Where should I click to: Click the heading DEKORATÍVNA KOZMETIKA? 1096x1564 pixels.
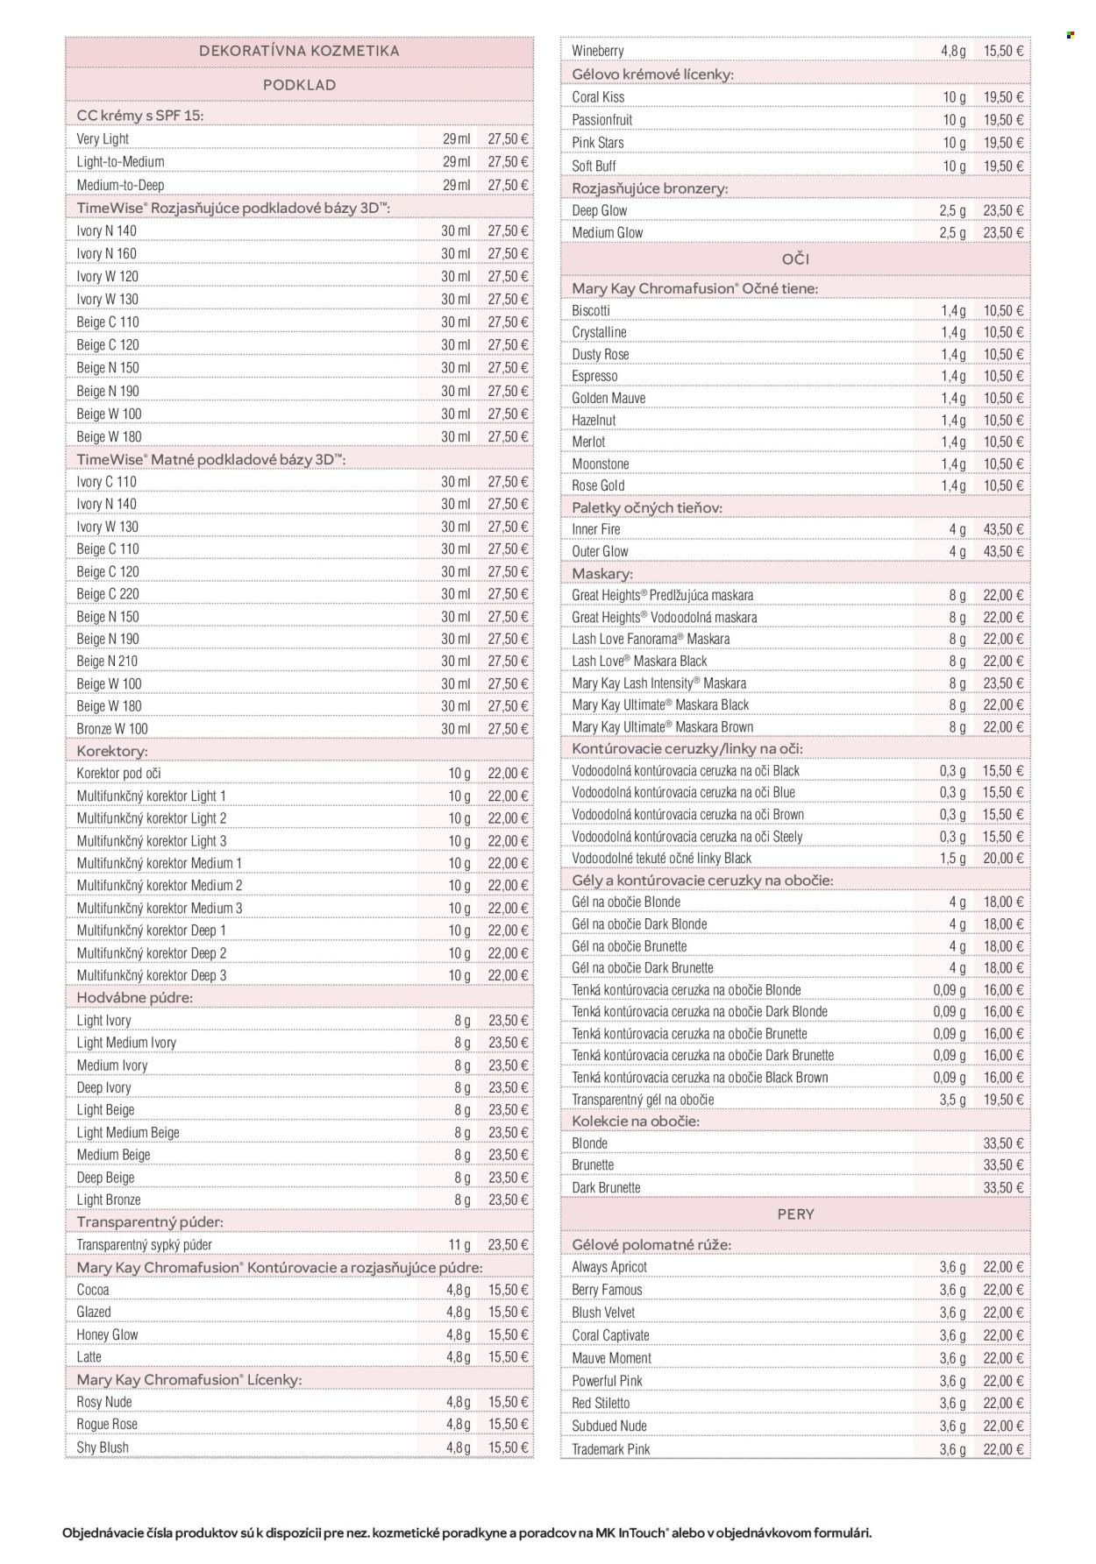pyautogui.click(x=299, y=51)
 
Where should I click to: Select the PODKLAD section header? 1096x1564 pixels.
pyautogui.click(x=299, y=85)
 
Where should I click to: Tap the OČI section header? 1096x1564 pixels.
pyautogui.click(x=795, y=259)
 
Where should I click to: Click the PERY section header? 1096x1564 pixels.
pyautogui.click(x=795, y=1214)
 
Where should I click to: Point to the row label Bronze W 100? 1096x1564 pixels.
pyautogui.click(x=112, y=729)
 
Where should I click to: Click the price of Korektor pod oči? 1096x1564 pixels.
pyautogui.click(x=509, y=774)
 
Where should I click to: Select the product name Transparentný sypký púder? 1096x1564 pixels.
pyautogui.click(x=145, y=1245)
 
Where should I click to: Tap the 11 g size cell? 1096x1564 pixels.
pyautogui.click(x=459, y=1245)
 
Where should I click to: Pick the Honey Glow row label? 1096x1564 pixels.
pyautogui.click(x=108, y=1335)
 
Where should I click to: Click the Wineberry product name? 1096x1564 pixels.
pyautogui.click(x=598, y=51)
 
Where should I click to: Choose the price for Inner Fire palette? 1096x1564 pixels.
pyautogui.click(x=1003, y=530)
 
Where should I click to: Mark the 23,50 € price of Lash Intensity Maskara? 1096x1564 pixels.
pyautogui.click(x=1003, y=683)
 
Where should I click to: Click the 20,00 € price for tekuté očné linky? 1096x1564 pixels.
pyautogui.click(x=1003, y=859)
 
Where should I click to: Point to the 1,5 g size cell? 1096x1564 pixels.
pyautogui.click(x=952, y=859)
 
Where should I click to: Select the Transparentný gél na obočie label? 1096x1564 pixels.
pyautogui.click(x=643, y=1100)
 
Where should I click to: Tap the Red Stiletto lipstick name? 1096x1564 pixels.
pyautogui.click(x=601, y=1404)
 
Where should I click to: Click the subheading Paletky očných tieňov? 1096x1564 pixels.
pyautogui.click(x=647, y=507)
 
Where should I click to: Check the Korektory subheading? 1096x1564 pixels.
pyautogui.click(x=112, y=751)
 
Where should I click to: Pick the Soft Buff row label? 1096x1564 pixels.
pyautogui.click(x=594, y=166)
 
